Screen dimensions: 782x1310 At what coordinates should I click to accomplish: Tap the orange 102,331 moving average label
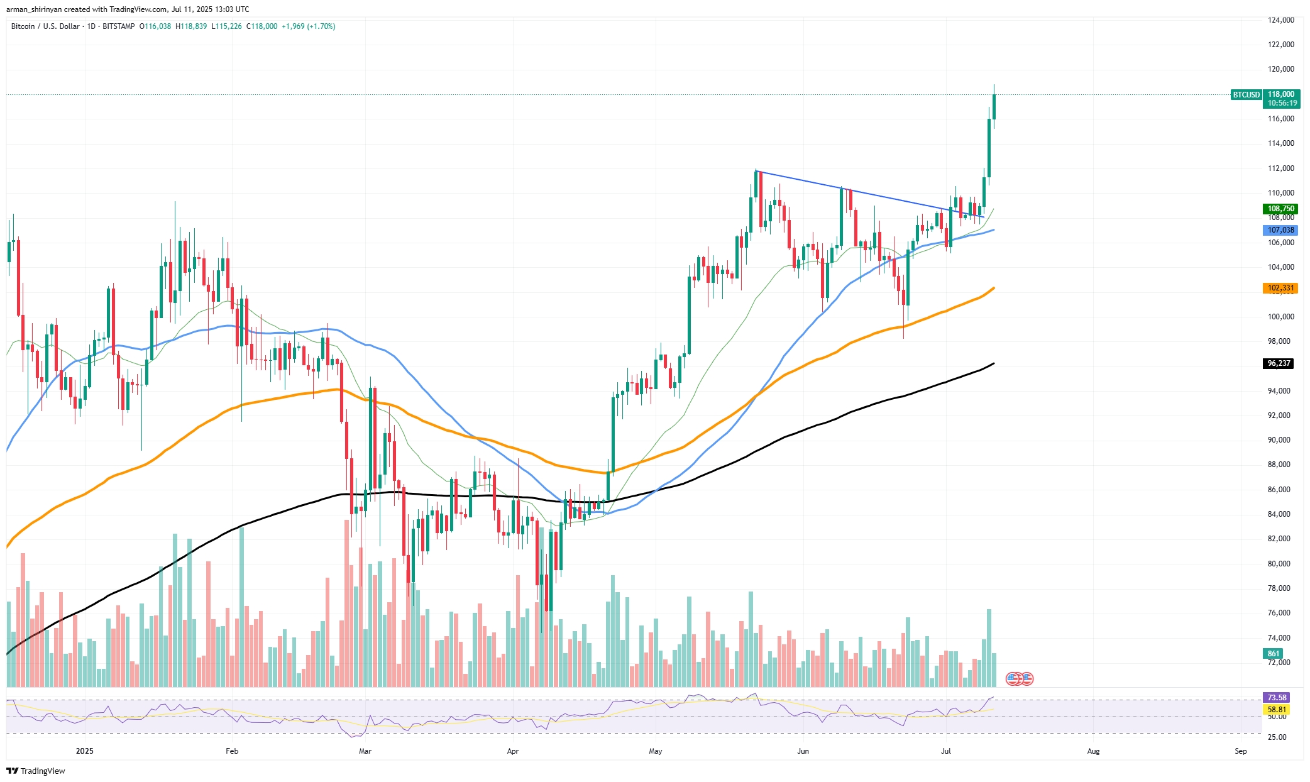[1280, 288]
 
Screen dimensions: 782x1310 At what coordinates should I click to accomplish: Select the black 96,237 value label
[1279, 363]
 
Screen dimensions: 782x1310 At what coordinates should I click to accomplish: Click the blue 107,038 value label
[1280, 230]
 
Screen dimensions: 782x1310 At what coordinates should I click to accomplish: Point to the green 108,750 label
[1280, 209]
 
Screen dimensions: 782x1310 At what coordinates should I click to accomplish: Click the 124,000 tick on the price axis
[1280, 20]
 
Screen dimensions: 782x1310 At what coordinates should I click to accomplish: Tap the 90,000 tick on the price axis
[1280, 440]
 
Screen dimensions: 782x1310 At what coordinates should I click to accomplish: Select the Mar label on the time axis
[365, 751]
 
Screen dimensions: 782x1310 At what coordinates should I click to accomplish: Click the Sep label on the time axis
[1240, 751]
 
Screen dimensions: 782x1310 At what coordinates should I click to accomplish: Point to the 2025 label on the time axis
[84, 751]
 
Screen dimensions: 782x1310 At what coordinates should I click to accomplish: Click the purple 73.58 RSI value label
[1276, 697]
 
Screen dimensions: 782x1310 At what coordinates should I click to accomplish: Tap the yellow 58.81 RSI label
[1276, 709]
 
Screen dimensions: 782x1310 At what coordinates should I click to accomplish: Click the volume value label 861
[1274, 654]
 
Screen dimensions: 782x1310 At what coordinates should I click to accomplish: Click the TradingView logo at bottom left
[36, 771]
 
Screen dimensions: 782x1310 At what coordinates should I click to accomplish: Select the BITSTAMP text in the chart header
[118, 26]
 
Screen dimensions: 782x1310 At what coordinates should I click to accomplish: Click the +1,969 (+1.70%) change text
[308, 26]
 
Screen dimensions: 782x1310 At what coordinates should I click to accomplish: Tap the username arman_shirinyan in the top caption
[34, 9]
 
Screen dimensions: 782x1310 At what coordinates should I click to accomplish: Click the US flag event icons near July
[1020, 678]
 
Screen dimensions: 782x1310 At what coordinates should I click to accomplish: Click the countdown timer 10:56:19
[1282, 103]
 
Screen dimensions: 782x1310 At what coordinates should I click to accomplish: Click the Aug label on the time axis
[1093, 751]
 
